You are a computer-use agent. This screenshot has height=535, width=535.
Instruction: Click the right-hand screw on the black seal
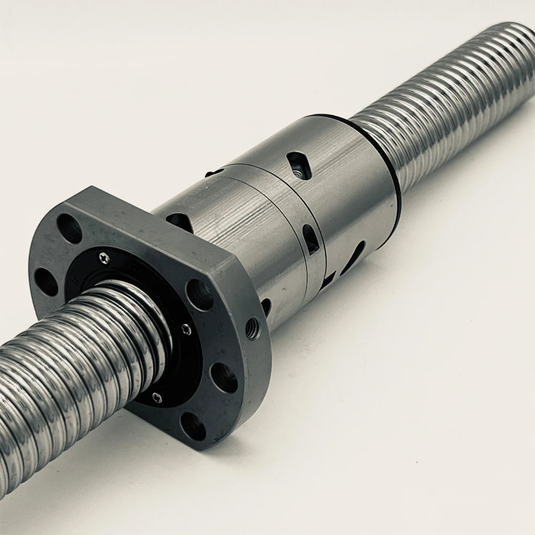[186, 330]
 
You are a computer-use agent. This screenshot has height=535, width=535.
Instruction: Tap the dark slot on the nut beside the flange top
[179, 221]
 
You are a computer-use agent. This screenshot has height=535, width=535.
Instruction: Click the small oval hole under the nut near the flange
[266, 307]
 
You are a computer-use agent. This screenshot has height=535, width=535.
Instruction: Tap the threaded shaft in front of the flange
[64, 374]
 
